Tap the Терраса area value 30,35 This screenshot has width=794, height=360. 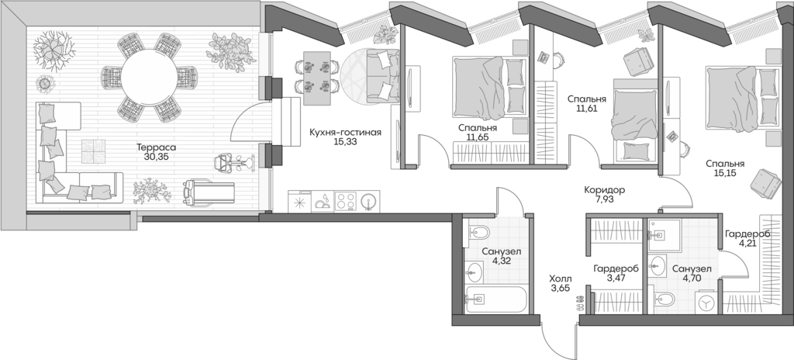(156, 157)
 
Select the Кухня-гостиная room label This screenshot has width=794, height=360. (345, 133)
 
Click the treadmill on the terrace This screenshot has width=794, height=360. (209, 192)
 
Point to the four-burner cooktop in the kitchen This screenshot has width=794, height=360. (346, 201)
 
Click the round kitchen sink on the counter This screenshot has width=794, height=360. (369, 201)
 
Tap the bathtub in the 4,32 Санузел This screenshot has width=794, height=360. (496, 299)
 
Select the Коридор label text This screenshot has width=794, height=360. (604, 190)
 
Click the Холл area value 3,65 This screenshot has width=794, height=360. (561, 288)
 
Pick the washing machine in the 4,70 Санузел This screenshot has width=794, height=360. (705, 302)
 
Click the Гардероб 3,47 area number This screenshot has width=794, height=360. (615, 279)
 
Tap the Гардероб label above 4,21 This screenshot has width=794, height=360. (747, 234)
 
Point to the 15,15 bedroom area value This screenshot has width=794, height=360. (725, 173)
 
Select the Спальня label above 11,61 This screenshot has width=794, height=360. (587, 99)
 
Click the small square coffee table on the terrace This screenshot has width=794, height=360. (94, 151)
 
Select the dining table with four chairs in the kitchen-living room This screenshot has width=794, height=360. (317, 78)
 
